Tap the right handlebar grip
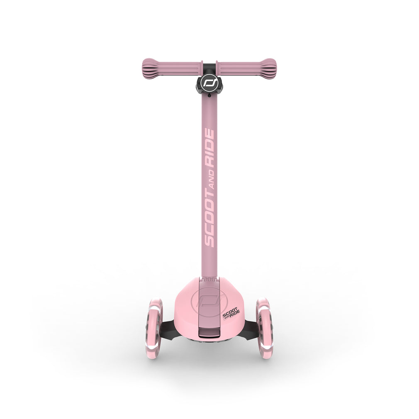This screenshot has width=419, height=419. [246, 69]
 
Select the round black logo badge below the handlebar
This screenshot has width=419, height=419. [209, 83]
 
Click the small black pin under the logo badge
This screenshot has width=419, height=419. [209, 95]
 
